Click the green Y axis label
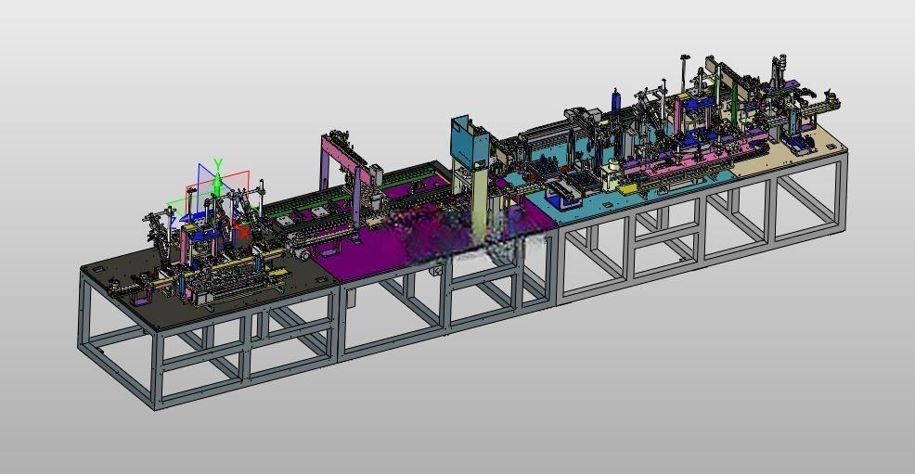tap(218, 164)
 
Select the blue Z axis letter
tap(174, 222)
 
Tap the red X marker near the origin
tap(241, 232)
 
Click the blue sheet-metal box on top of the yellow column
tap(470, 142)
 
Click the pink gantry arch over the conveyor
tap(344, 165)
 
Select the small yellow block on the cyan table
tap(626, 189)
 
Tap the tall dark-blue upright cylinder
tap(615, 105)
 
